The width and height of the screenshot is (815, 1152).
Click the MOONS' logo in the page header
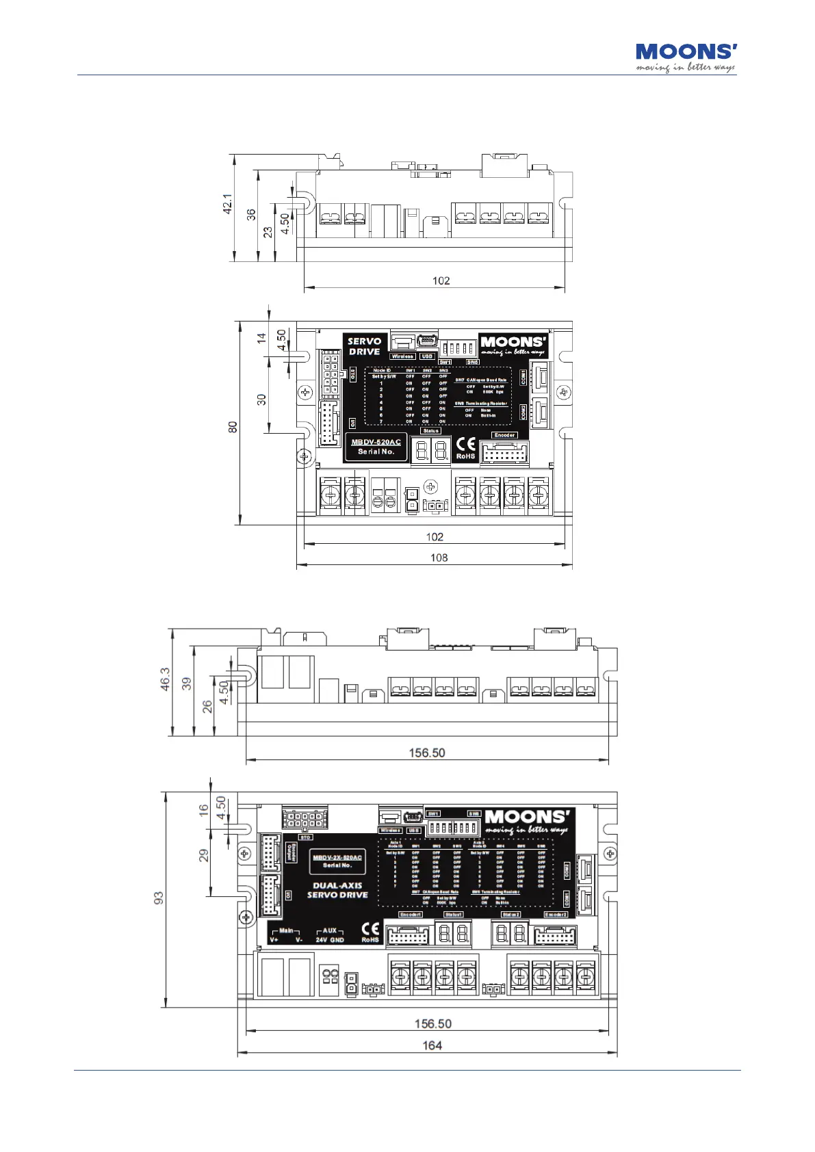pos(686,57)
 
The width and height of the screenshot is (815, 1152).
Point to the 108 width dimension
pos(439,558)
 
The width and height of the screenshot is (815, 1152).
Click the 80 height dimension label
pos(233,426)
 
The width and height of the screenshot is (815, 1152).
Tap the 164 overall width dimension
pos(432,1045)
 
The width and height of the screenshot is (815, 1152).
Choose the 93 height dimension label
pos(159,897)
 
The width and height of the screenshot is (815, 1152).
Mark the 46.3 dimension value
pos(166,679)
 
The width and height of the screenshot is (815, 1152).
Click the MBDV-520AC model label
pos(376,442)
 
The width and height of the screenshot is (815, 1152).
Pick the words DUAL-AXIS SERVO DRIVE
pos(337,890)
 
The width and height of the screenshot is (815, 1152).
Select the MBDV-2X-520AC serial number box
pos(337,861)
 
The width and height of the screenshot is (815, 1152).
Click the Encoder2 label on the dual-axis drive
pos(556,915)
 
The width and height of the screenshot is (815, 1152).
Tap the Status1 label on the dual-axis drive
pos(454,915)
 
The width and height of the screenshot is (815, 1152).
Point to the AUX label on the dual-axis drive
pos(330,931)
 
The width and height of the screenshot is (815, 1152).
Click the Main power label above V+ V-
pos(286,931)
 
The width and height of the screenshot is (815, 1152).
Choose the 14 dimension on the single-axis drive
pos(261,338)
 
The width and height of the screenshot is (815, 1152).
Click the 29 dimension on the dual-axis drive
pos(204,855)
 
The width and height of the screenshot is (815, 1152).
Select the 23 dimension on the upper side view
pos(268,232)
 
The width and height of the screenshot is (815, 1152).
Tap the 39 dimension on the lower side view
pos(186,683)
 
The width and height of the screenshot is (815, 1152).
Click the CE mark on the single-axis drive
pos(465,443)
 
